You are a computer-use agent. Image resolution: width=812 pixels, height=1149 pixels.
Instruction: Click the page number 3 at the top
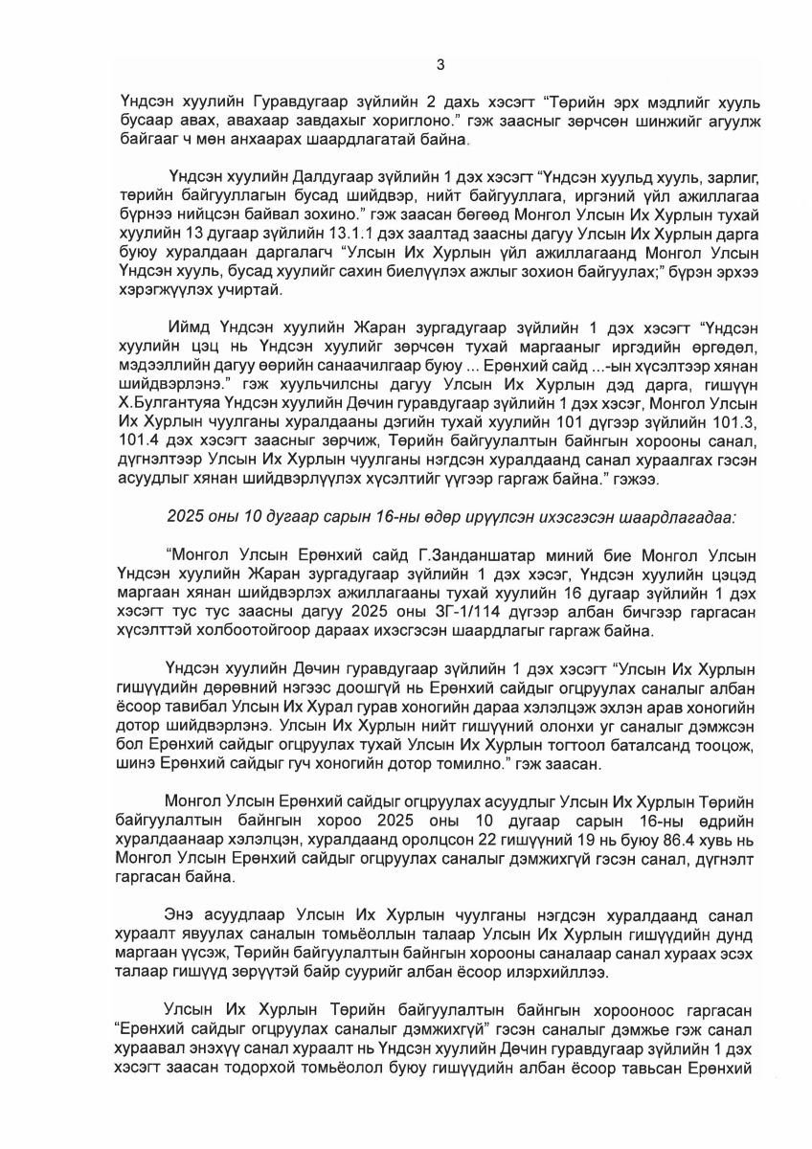pyautogui.click(x=440, y=64)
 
